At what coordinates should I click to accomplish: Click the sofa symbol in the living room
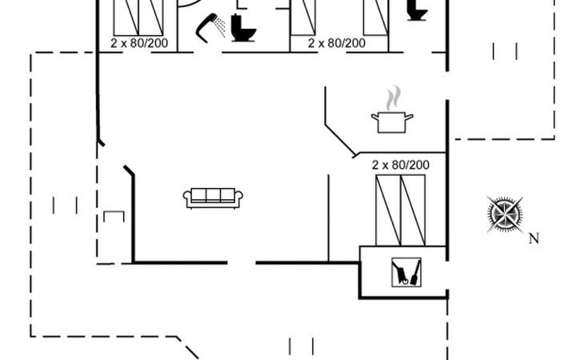[x=213, y=198]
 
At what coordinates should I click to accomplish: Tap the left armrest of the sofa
[x=187, y=198]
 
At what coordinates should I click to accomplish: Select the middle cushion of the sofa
[x=213, y=196]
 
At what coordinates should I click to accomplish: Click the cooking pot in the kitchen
[x=392, y=122]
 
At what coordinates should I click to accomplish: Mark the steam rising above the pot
[x=391, y=99]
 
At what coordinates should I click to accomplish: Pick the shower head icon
[x=209, y=22]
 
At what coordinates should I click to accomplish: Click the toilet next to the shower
[x=240, y=28]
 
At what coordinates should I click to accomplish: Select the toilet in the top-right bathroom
[x=415, y=10]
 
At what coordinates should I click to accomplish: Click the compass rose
[x=506, y=214]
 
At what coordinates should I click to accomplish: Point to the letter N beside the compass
[x=534, y=238]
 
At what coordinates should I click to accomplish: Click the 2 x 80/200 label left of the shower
[x=139, y=43]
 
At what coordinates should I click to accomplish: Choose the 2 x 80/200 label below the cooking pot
[x=401, y=165]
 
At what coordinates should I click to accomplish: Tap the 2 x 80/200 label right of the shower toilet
[x=337, y=43]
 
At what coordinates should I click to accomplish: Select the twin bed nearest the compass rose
[x=401, y=210]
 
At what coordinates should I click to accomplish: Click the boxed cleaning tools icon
[x=406, y=272]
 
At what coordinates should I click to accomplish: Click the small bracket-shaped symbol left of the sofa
[x=114, y=216]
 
